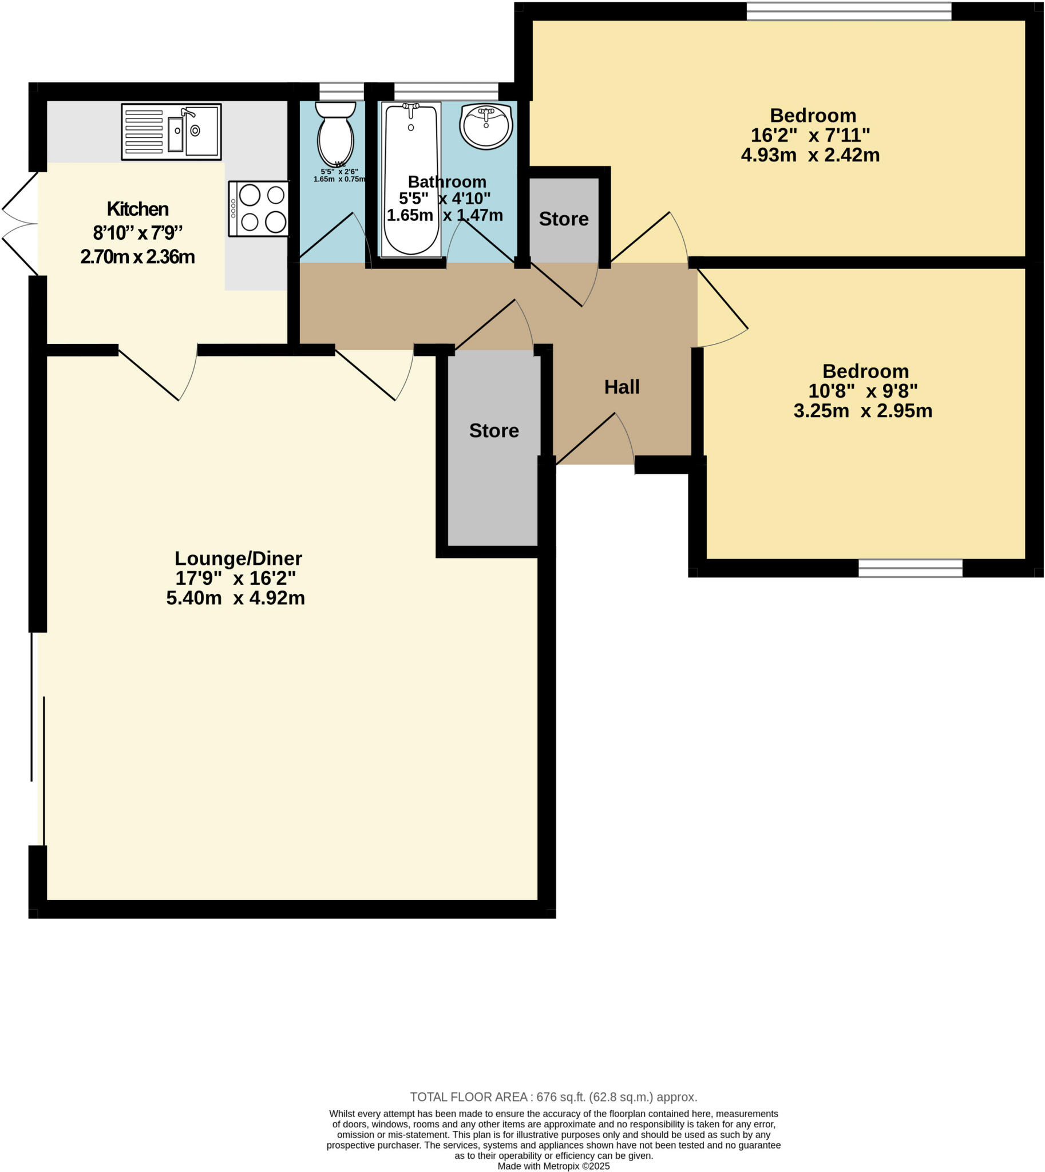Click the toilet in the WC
[x=335, y=136]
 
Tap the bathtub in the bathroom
[x=411, y=179]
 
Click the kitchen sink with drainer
[x=171, y=132]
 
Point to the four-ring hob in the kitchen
[x=259, y=209]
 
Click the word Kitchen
[x=138, y=209]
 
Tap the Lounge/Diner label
[x=237, y=558]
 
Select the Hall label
[x=622, y=387]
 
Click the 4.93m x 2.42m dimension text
[x=810, y=156]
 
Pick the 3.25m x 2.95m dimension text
[x=862, y=411]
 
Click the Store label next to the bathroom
[x=564, y=219]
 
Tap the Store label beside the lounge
[x=494, y=431]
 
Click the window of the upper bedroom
[x=849, y=11]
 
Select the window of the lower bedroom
[x=910, y=568]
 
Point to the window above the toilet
[x=342, y=92]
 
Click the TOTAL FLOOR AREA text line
[x=553, y=1098]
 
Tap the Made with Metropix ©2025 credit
[x=553, y=1166]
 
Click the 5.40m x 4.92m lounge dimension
[x=235, y=599]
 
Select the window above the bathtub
[x=446, y=92]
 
